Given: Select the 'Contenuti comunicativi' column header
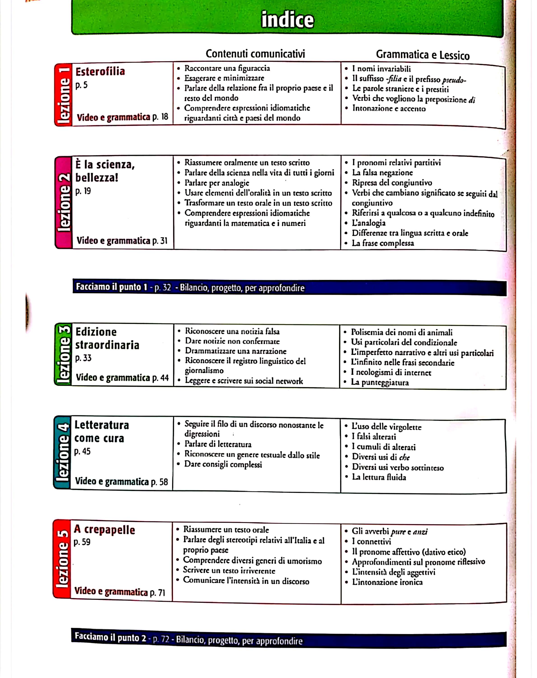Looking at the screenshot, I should click(x=255, y=54).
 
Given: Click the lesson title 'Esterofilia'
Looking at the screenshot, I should click(x=100, y=72).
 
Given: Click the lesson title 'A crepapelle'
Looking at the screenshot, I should click(x=104, y=530).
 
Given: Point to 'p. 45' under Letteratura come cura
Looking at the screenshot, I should click(x=82, y=452).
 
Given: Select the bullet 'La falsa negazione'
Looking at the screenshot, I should click(x=382, y=173).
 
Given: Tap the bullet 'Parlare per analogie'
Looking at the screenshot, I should click(x=217, y=183).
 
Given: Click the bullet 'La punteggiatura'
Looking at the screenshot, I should click(x=380, y=383).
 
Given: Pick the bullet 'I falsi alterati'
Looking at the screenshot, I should click(x=374, y=436).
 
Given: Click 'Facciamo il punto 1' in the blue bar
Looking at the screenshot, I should click(x=112, y=287).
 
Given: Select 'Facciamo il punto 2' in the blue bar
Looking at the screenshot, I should click(x=110, y=637).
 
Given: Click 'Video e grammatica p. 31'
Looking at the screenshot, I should click(x=122, y=241).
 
